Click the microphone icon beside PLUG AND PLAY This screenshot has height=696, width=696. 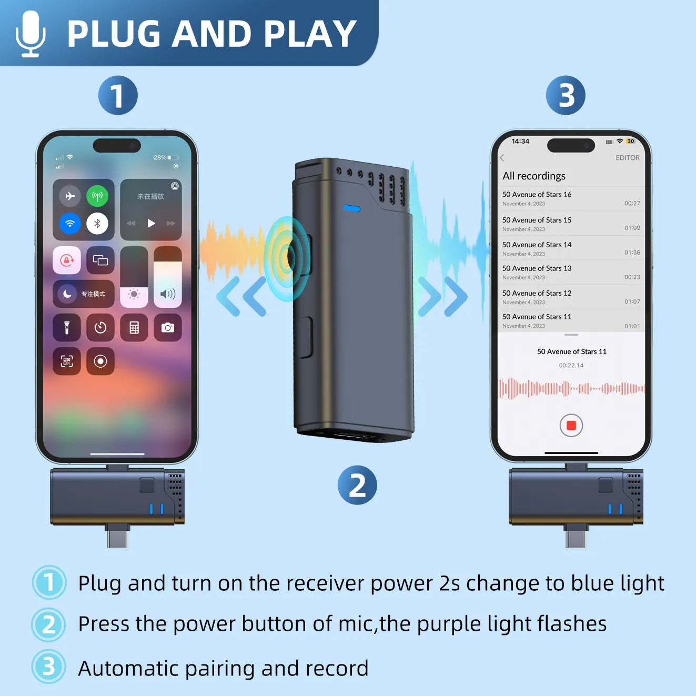pos(30,33)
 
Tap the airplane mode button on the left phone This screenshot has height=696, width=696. pos(70,196)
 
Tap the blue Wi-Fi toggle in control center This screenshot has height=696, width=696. pos(70,224)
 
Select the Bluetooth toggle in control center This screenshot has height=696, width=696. pos(97,224)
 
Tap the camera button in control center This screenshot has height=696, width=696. pos(168,328)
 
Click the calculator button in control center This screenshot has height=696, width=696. pos(134,328)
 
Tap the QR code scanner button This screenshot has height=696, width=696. pos(67,361)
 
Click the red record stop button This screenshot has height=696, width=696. pos(571,426)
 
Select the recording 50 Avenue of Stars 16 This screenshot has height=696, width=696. pos(537,195)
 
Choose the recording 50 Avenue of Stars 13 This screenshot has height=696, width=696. pos(537,268)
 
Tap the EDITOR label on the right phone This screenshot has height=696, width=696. pos(628,158)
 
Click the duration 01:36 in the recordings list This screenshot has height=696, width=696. pos(632,253)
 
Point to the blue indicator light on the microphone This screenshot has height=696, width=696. pos(351,209)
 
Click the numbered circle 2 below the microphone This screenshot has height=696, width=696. pos(357,485)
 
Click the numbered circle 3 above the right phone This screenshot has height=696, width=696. pos(566,95)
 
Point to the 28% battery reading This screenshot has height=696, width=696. pos(160,158)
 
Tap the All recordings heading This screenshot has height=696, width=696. pos(534,176)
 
